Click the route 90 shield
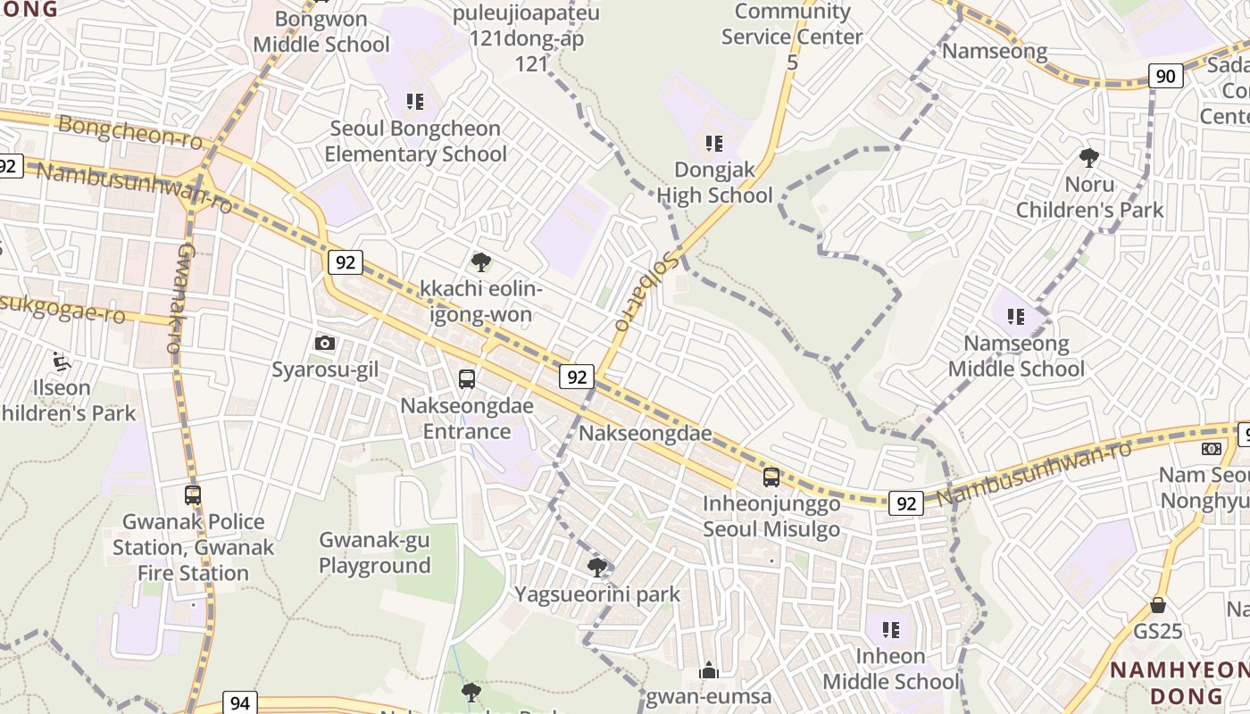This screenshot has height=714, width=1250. [1165, 76]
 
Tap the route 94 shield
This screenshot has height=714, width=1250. [240, 702]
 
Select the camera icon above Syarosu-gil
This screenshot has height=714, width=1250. [325, 343]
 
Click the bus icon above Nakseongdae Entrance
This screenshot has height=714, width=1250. [466, 379]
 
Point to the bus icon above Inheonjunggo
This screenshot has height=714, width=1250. [771, 477]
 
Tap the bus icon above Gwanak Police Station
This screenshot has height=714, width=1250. [193, 494]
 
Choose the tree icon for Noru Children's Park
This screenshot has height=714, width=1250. [1089, 158]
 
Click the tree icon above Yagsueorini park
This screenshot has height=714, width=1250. [597, 567]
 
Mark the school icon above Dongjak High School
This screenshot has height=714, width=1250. [713, 143]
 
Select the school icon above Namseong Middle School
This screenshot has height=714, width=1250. [1015, 316]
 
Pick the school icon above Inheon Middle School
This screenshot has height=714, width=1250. [890, 630]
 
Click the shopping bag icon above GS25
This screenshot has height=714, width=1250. [1158, 605]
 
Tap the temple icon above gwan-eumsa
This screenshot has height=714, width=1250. [709, 670]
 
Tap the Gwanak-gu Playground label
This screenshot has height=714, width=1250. [375, 552]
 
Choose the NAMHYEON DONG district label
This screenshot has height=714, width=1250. [1179, 683]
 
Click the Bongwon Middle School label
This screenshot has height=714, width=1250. [321, 32]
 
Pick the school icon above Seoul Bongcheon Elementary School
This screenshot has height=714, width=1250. [415, 102]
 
